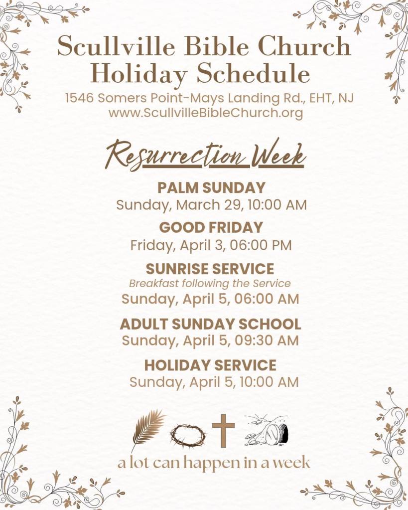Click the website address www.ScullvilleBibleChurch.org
point(206,113)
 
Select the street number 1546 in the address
point(80,98)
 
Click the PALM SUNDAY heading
point(211,187)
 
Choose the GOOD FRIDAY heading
point(211,227)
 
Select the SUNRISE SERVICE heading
point(210,269)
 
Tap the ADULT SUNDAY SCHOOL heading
point(211,324)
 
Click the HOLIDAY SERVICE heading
point(210,365)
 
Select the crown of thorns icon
point(188,435)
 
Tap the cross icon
point(223,430)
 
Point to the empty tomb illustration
point(267,430)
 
